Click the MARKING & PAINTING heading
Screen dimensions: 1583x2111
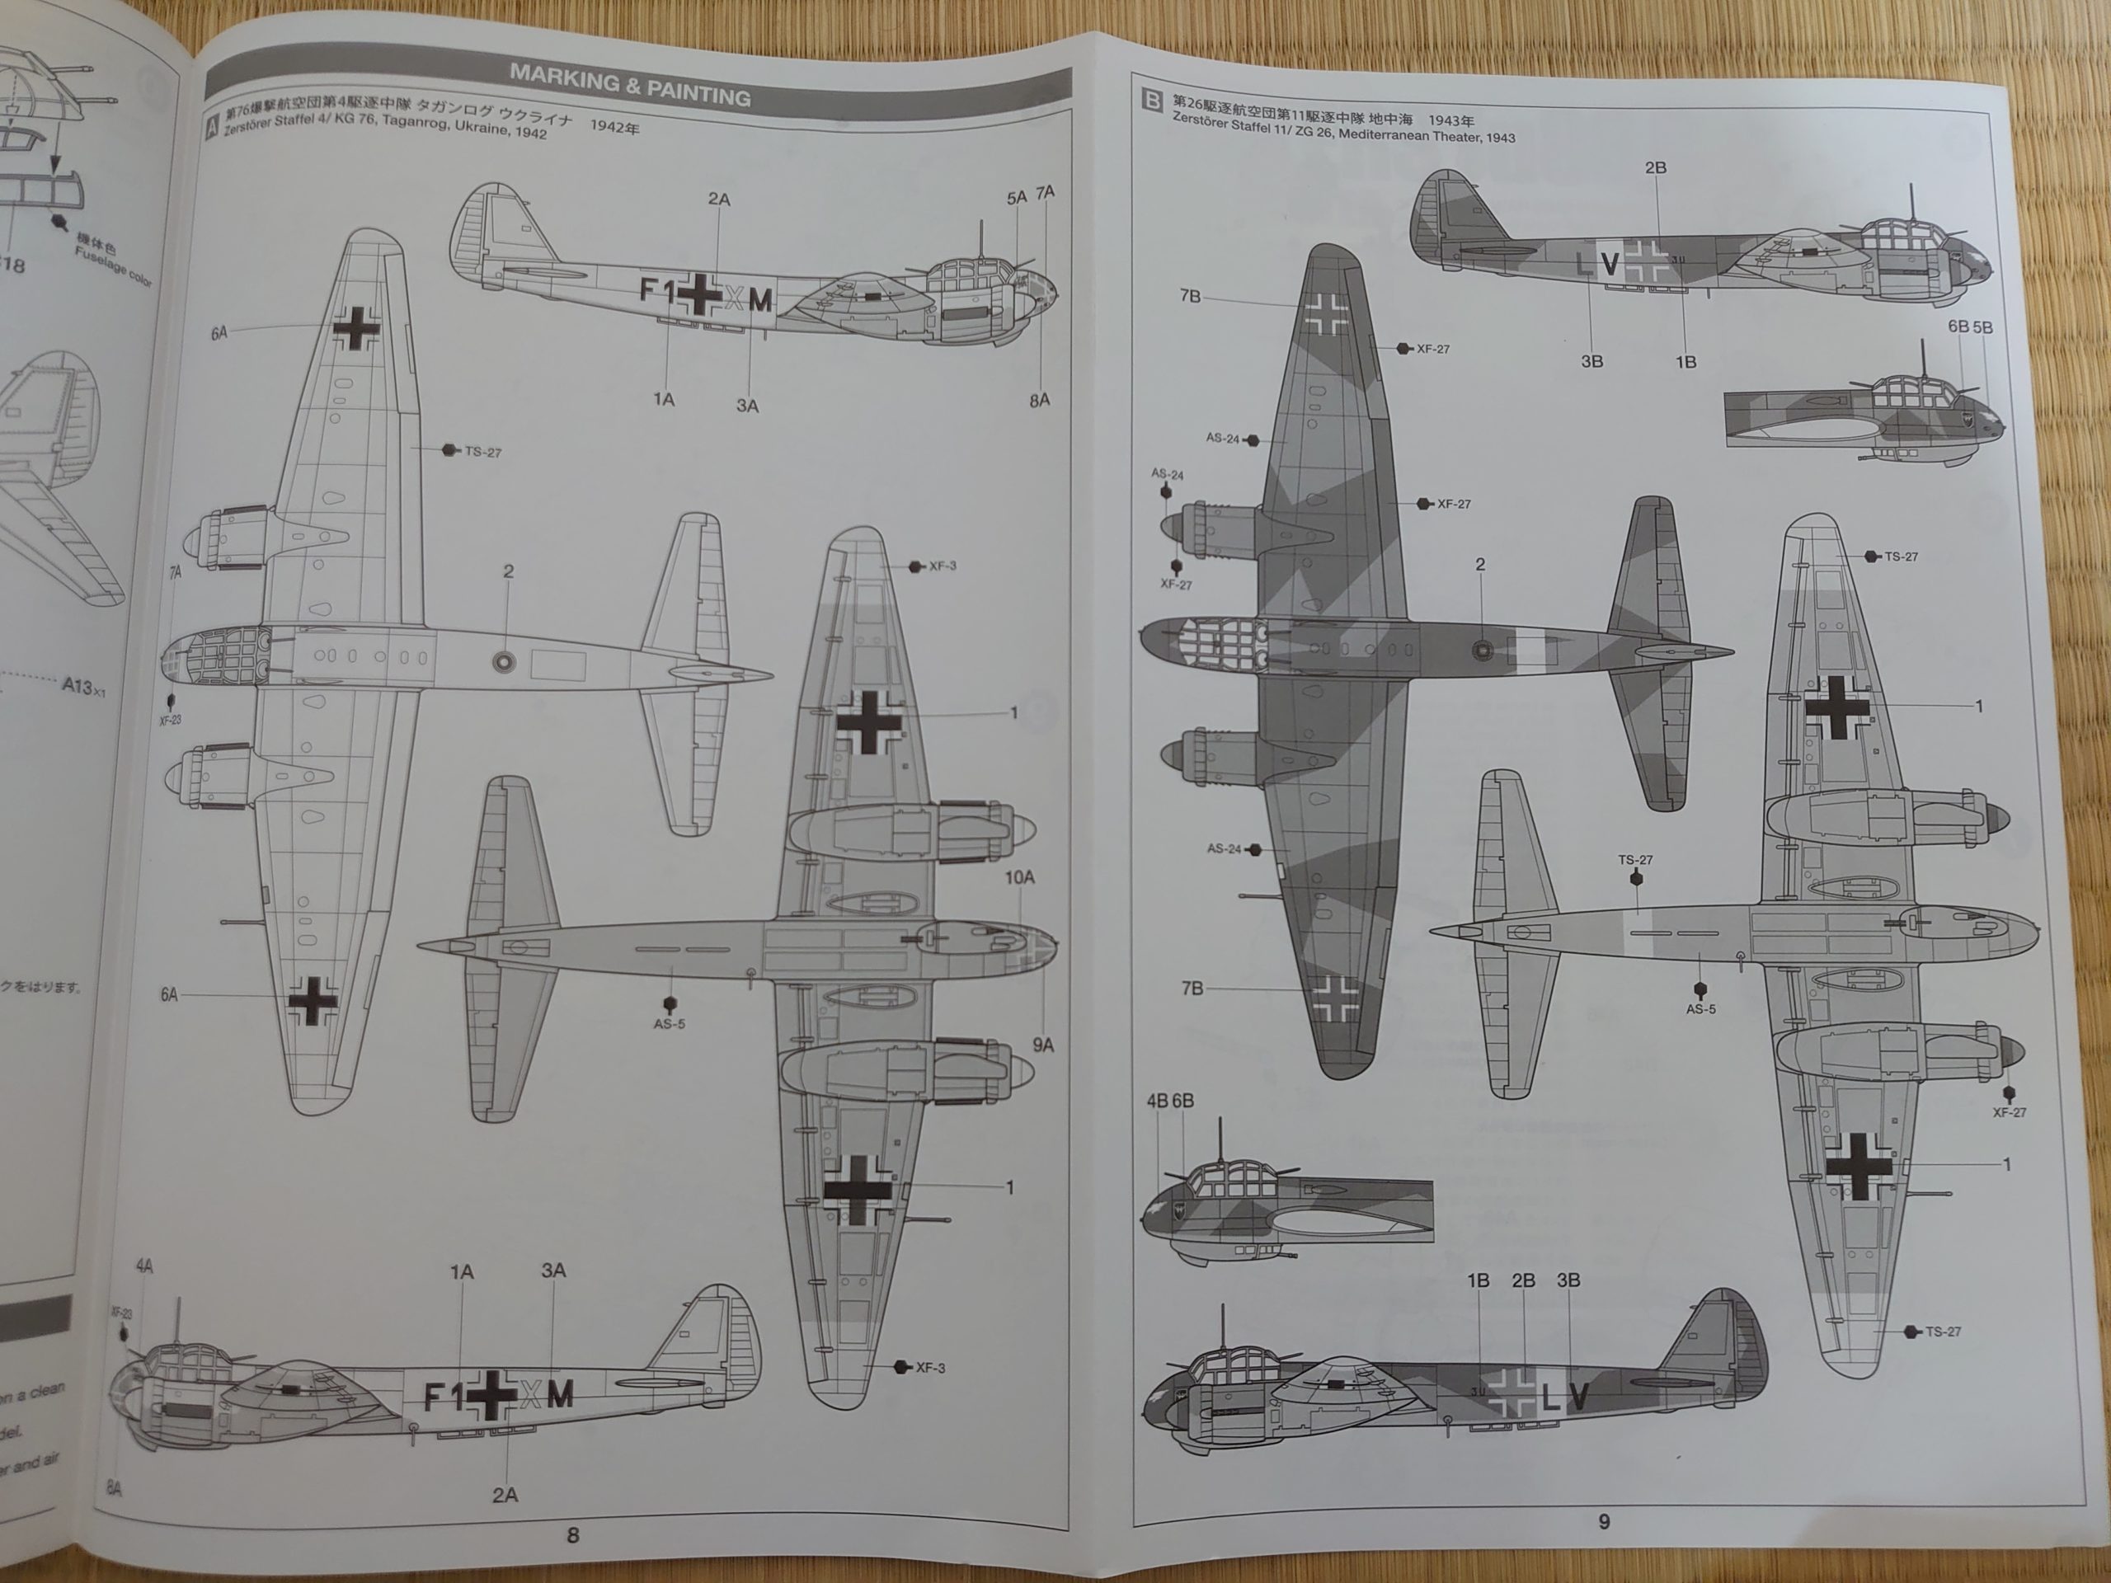tap(629, 85)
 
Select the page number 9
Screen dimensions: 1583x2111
tap(1603, 1521)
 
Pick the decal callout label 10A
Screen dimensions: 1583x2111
tap(1019, 877)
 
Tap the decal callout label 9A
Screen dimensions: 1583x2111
tap(1042, 1045)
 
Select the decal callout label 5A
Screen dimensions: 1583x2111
tap(1017, 198)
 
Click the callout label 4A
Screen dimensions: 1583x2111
tap(144, 1266)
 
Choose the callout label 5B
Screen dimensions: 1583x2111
tap(1982, 327)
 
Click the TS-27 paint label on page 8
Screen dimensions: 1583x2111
tap(482, 453)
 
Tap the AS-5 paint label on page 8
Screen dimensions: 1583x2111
tap(669, 1024)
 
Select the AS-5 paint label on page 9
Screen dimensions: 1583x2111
tap(1700, 1008)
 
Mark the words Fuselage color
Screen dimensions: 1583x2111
tap(114, 267)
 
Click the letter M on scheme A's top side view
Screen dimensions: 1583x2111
tap(759, 301)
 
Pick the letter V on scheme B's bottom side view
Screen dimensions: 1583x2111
tap(1579, 1397)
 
